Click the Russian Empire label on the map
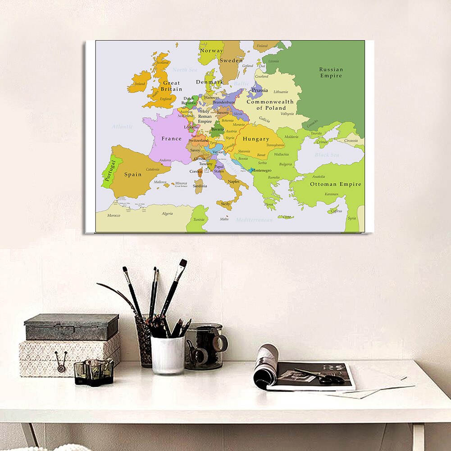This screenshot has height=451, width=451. [331, 73]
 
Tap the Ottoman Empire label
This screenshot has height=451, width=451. [335, 184]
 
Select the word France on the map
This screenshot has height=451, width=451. [172, 139]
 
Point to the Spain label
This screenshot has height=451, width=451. [133, 174]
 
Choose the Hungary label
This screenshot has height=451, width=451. [256, 139]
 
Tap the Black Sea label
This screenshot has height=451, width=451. [327, 155]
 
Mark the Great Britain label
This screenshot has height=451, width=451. [171, 86]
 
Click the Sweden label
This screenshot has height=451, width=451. [231, 60]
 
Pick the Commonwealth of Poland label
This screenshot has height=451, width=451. [270, 105]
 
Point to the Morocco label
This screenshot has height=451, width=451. [114, 215]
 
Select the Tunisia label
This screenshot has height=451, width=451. [199, 219]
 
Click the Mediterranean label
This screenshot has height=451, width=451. [254, 220]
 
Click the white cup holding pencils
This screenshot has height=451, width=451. [167, 355]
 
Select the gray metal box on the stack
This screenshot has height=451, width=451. [71, 327]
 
